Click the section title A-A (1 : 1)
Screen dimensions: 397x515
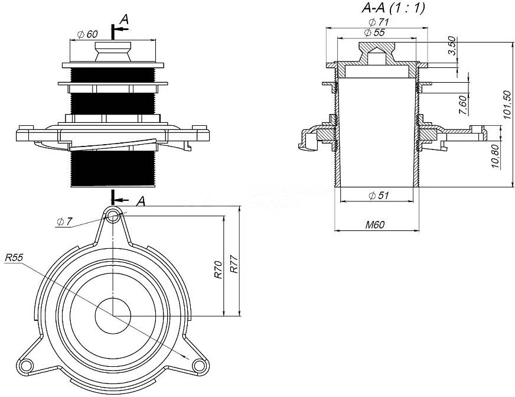[x=393, y=8]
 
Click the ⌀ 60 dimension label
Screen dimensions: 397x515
[x=88, y=34]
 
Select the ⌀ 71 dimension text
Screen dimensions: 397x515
[x=376, y=22]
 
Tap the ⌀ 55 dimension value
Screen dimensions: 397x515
[x=375, y=33]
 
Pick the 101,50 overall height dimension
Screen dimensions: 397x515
[x=506, y=106]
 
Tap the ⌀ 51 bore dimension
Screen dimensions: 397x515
[x=378, y=196]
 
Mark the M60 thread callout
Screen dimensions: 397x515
[x=376, y=224]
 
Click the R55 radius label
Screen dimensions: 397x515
[x=14, y=258]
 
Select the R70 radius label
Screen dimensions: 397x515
[x=218, y=269]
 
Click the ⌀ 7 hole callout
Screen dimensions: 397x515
[x=64, y=222]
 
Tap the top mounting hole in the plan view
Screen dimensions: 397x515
[x=113, y=214]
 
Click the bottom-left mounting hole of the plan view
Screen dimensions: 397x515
[x=25, y=366]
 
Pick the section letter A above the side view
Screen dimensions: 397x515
[x=123, y=20]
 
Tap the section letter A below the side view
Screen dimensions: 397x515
[x=141, y=201]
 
